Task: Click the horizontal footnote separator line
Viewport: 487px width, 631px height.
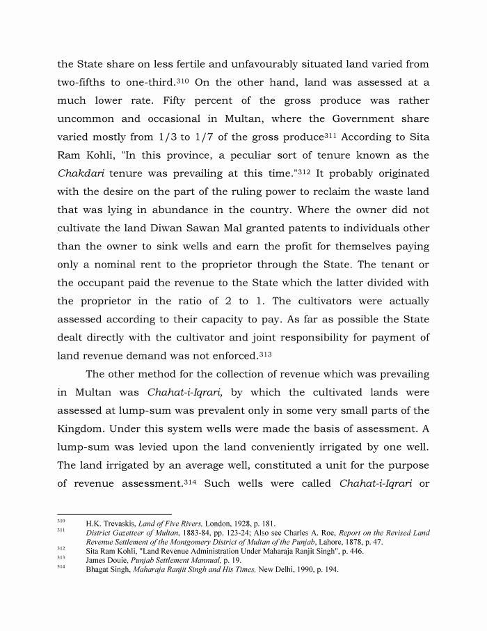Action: (104, 515)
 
